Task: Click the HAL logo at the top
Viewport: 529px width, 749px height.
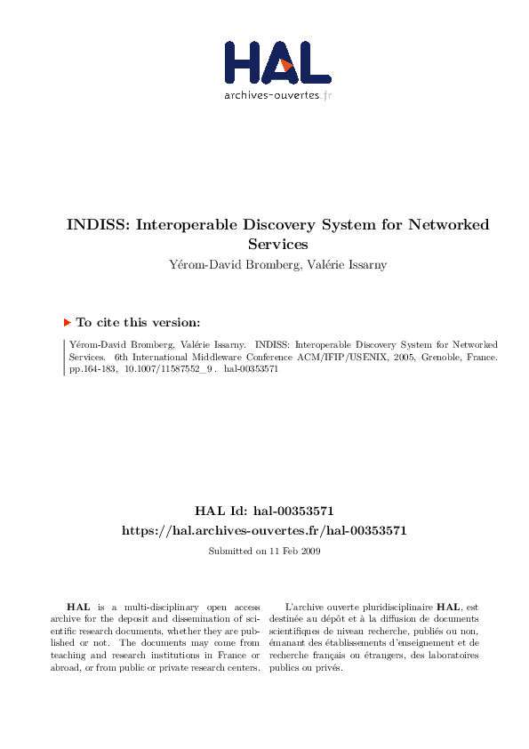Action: pos(277,61)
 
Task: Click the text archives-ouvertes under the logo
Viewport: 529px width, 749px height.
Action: pos(271,95)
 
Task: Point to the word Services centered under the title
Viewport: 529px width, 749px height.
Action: pos(277,243)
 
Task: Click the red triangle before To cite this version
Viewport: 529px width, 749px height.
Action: pos(67,322)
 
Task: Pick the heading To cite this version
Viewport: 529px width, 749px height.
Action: pos(138,323)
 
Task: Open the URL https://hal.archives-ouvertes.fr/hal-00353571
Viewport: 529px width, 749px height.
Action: pos(264,530)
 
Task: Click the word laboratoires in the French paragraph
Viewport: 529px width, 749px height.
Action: pos(450,656)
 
